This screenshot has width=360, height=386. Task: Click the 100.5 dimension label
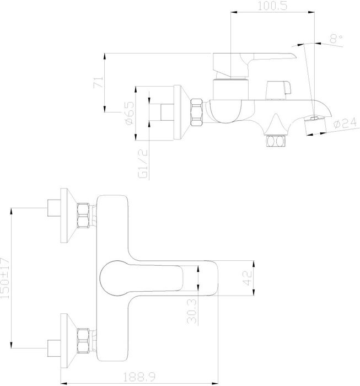point(272,6)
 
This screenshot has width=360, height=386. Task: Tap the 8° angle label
point(336,39)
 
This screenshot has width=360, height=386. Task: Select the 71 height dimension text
point(98,82)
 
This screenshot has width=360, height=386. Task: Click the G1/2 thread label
point(143,163)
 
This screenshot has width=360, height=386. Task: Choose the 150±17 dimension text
point(5,278)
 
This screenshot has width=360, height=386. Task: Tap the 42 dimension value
point(248,278)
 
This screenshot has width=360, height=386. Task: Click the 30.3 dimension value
point(192,311)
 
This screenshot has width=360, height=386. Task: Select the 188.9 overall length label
point(139,377)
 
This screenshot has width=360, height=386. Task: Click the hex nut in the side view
point(196,112)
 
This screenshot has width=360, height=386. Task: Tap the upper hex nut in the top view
point(83,216)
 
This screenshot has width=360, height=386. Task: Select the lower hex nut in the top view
point(83,341)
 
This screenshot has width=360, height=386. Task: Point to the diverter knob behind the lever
point(278,90)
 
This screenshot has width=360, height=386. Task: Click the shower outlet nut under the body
point(276,141)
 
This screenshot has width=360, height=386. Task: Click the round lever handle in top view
point(142,278)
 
